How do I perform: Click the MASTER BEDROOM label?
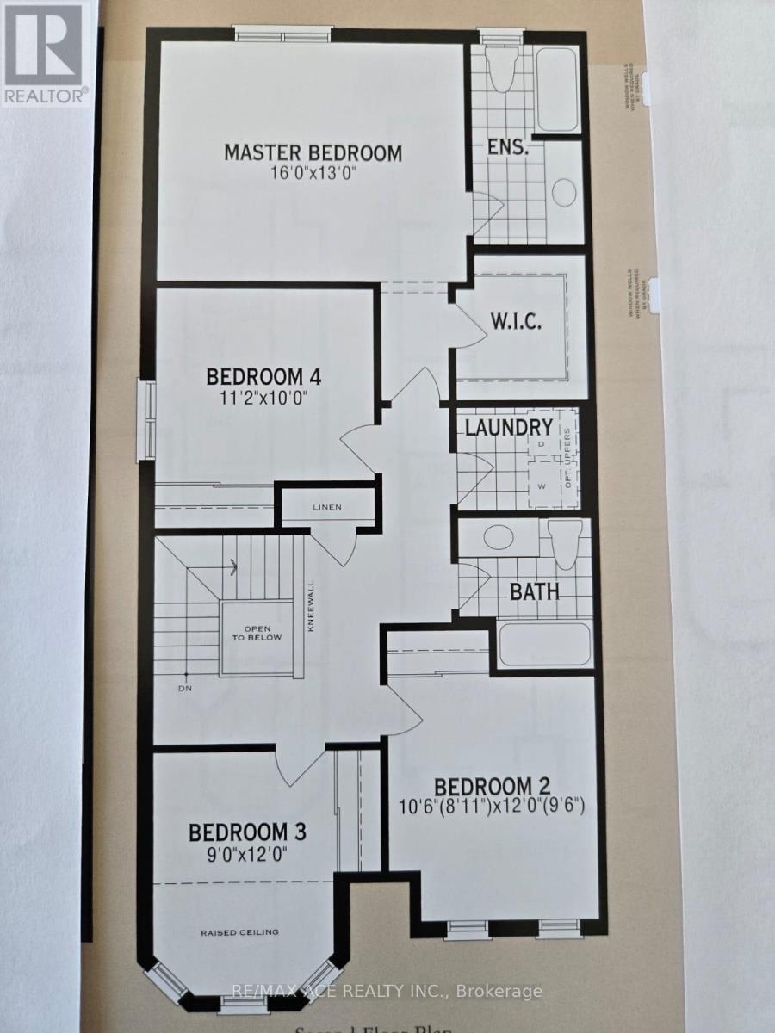pos(313,153)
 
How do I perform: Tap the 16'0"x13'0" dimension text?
pos(313,174)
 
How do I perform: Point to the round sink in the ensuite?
pos(564,191)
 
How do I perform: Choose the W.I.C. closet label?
pos(517,323)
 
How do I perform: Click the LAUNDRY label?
pos(508,427)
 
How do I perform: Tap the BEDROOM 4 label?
pos(263,377)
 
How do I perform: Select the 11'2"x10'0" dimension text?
pos(263,399)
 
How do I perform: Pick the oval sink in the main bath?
pos(497,538)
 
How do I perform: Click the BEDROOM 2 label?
pos(492,787)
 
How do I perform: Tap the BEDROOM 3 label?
pos(248,832)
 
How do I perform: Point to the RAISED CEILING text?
pos(240,932)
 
